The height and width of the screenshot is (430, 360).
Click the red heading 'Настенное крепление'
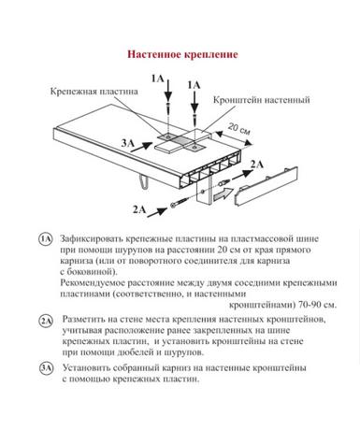click(x=182, y=54)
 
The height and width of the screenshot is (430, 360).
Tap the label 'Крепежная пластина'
click(x=94, y=92)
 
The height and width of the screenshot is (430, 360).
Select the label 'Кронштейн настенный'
click(x=262, y=100)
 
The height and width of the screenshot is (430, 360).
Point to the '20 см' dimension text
click(x=239, y=129)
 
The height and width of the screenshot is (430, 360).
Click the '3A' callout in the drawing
click(x=128, y=143)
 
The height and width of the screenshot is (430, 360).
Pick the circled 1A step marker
click(x=46, y=239)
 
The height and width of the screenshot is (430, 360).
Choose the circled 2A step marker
click(x=46, y=321)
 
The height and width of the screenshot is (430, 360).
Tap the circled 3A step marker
click(x=46, y=368)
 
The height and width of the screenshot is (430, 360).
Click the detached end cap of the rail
click(x=266, y=186)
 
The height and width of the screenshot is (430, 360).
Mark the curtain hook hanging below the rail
click(x=142, y=181)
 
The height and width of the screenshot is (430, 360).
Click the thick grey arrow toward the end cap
click(x=223, y=194)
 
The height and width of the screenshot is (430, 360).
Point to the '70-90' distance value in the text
click(x=310, y=304)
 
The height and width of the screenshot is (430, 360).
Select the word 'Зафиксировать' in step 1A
click(x=92, y=239)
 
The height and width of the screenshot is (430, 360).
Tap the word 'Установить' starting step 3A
click(x=86, y=367)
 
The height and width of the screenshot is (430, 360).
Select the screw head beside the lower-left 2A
click(x=173, y=205)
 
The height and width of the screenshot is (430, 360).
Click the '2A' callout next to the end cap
click(x=257, y=164)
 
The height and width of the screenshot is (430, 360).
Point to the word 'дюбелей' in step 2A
click(x=136, y=352)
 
